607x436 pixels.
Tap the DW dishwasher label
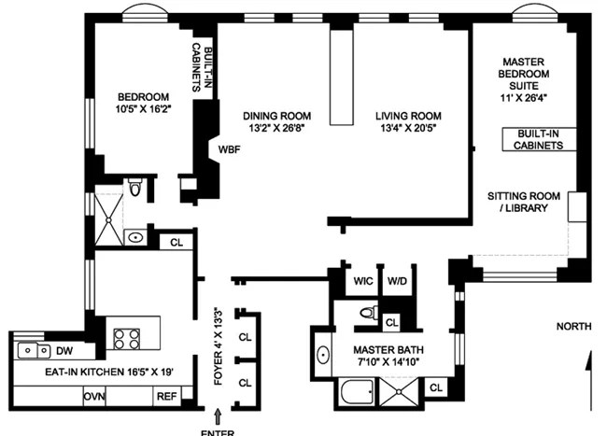point(64,351)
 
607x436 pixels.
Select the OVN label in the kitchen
point(94,397)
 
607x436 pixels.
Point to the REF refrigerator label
point(166,397)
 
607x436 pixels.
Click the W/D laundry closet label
point(397,280)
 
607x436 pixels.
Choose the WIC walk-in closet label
point(361,280)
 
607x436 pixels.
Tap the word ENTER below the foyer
point(220,431)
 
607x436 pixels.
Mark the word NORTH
point(573,326)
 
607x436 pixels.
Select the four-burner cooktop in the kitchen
point(126,337)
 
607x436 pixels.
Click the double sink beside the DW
point(33,351)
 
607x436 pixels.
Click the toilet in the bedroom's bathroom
point(136,190)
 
